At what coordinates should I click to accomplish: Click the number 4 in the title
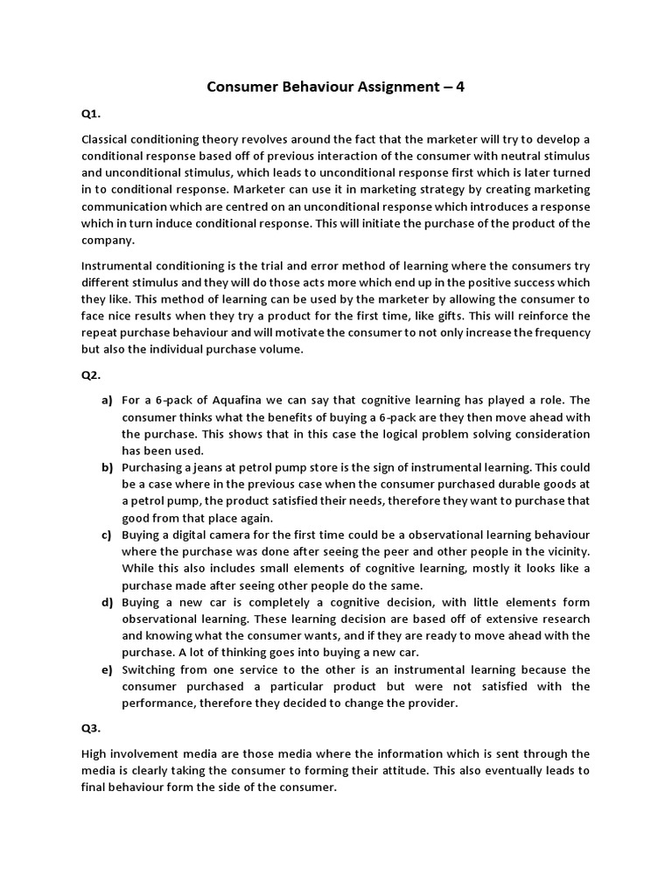click(x=458, y=87)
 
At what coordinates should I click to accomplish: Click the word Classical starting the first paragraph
click(x=106, y=140)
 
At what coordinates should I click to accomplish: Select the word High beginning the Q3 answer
click(x=94, y=753)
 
